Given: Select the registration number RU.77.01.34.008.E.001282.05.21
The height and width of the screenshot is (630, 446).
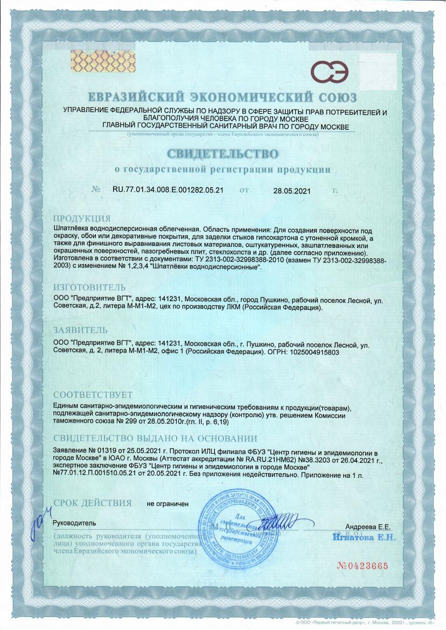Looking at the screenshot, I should tap(168, 190).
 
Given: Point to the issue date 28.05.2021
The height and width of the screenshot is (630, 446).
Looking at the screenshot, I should tap(292, 191).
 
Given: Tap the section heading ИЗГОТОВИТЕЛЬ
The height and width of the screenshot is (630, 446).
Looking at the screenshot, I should tap(89, 287).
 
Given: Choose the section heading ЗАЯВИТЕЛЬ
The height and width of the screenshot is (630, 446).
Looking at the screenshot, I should tap(80, 330).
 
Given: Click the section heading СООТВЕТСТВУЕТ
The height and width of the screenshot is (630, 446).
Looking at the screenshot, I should tap(93, 395).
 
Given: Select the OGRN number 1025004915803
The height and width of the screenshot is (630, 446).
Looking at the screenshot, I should tap(306, 351).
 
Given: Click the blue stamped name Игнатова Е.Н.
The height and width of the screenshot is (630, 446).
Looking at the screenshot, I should tap(364, 537).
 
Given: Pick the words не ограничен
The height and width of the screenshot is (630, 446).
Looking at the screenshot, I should tap(168, 504).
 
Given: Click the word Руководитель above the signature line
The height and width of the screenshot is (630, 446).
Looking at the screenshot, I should tap(74, 523).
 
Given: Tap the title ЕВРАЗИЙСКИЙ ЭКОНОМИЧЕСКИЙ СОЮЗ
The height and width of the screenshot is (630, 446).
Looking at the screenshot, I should tap(222, 98).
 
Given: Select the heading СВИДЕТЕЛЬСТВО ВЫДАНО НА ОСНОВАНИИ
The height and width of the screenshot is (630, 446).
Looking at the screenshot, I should tap(155, 438).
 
